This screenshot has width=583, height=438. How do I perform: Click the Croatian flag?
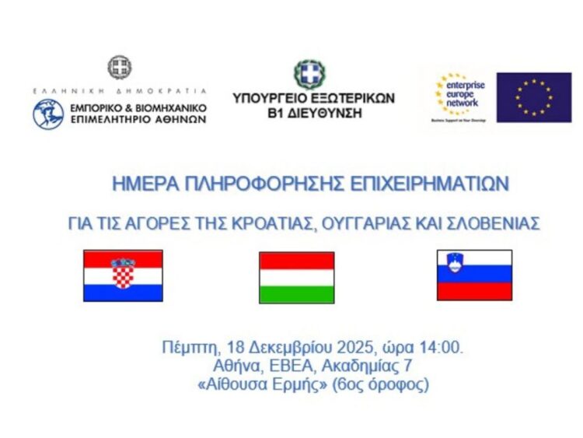pos(123,275)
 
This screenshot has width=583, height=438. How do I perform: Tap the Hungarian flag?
pos(296,277)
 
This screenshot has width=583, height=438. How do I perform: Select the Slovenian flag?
pos(474,275)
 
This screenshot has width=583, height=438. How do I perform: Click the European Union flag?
pos(533,97)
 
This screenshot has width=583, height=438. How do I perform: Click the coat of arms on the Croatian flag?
pos(123,272)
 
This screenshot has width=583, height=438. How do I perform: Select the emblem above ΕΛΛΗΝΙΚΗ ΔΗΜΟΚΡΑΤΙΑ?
pos(119,68)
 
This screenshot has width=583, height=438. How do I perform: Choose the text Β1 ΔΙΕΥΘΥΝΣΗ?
pos(313,112)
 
